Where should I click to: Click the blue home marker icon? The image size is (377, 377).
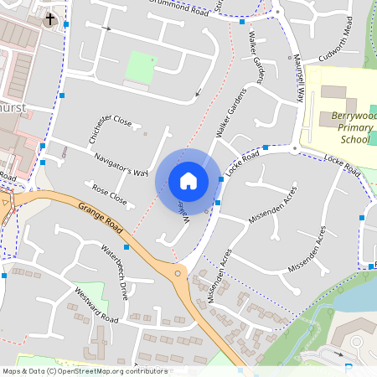click(x=188, y=181)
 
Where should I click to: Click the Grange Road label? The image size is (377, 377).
click(x=100, y=219)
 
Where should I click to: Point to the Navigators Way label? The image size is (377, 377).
click(x=121, y=160)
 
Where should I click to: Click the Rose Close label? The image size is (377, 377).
click(x=109, y=195)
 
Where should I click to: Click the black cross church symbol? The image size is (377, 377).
click(x=49, y=18)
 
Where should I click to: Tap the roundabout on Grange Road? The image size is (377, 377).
click(x=177, y=272)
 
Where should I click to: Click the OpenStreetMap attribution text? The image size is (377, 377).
click(x=85, y=370)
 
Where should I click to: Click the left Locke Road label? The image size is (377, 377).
click(x=241, y=165)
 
